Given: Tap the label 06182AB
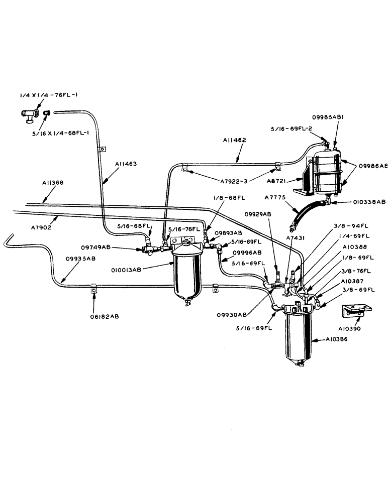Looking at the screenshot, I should [93, 317].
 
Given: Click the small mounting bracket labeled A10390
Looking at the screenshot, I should [355, 311].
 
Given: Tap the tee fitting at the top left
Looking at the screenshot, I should [29, 115].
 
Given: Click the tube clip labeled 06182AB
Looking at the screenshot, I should [93, 290].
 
